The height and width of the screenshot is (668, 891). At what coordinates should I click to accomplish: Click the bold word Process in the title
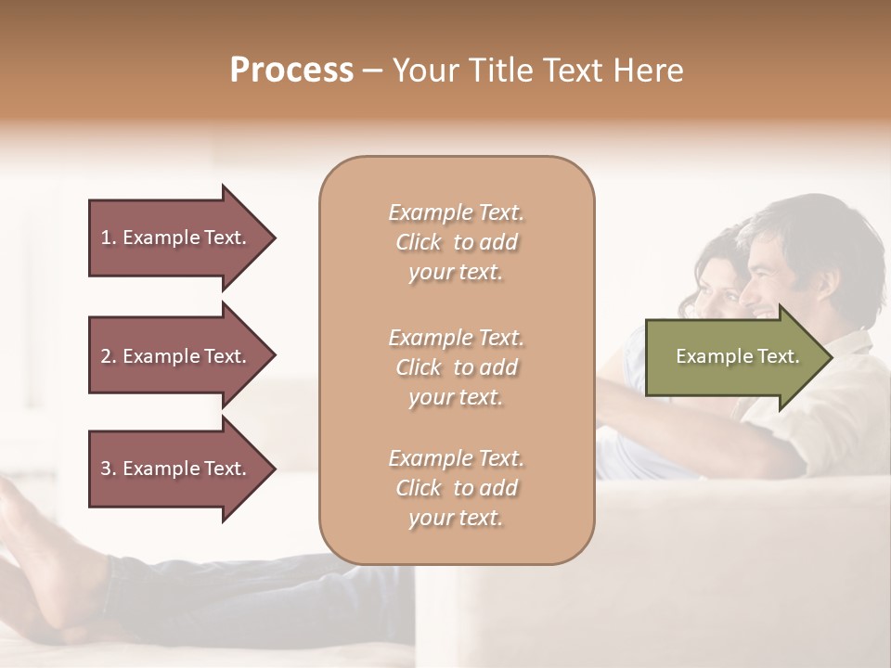click(291, 71)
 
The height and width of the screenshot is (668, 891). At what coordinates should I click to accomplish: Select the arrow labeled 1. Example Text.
click(176, 238)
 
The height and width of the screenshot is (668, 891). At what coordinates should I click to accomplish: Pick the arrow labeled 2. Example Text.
click(176, 356)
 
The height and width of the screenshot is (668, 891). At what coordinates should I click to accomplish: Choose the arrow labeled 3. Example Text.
click(176, 469)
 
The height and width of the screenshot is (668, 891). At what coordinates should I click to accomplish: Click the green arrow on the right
click(733, 357)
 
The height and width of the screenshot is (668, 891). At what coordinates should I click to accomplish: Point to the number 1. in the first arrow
click(109, 238)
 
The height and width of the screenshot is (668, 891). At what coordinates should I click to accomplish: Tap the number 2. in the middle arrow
click(109, 356)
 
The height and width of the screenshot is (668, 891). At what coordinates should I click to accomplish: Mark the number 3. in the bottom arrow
click(109, 469)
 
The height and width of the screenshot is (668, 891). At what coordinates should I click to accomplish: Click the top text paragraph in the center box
click(456, 242)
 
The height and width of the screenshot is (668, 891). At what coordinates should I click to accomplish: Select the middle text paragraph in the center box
click(456, 367)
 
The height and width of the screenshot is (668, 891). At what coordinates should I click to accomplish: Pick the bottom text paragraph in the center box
click(456, 488)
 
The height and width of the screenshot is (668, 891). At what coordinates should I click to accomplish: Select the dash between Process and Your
click(372, 71)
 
